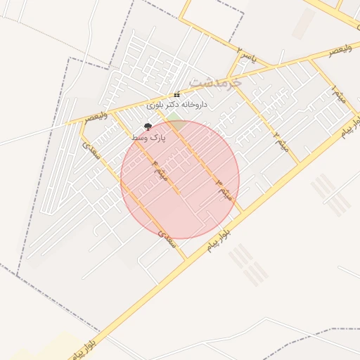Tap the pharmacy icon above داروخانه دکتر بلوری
(177, 94)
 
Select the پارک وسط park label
(149, 139)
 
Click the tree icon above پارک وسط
(148, 127)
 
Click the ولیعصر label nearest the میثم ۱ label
(339, 49)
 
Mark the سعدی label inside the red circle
(162, 231)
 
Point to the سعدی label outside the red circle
(91, 150)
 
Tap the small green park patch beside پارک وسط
(174, 124)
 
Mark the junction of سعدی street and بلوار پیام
(186, 258)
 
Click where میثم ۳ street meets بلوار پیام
(240, 210)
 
